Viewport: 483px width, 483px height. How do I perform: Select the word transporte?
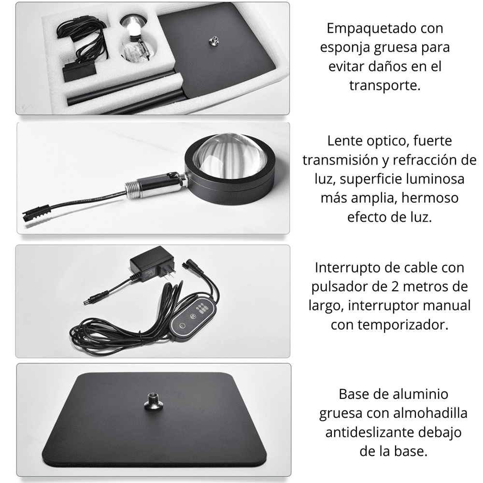pos(385,85)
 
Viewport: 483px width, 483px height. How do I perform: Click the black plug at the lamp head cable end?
pos(34,213)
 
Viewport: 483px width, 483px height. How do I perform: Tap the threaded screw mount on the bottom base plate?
pos(153,401)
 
